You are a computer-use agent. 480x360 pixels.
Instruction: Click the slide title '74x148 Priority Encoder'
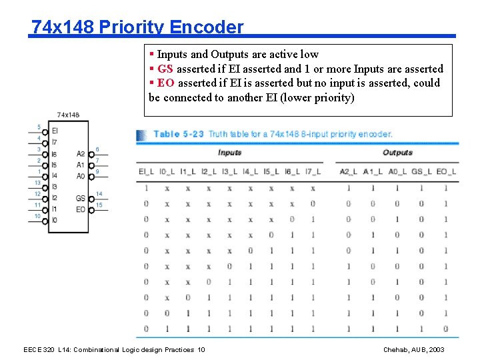click(137, 27)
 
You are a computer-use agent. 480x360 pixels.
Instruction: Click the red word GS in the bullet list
click(165, 69)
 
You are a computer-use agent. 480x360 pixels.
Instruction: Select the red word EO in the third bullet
click(166, 83)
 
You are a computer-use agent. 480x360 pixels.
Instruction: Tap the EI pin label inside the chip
click(55, 131)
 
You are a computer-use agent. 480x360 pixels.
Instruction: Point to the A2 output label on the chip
click(81, 154)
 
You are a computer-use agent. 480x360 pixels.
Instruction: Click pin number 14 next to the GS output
click(99, 193)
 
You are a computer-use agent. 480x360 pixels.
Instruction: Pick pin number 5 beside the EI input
click(39, 127)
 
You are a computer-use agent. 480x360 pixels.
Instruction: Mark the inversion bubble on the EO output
click(91, 209)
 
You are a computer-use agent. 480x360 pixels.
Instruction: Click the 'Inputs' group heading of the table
click(229, 153)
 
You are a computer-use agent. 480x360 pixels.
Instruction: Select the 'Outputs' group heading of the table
click(397, 153)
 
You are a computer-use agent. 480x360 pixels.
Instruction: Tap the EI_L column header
click(147, 171)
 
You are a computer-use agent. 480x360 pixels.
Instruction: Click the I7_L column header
click(312, 171)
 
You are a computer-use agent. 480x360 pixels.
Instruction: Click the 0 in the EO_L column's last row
click(445, 329)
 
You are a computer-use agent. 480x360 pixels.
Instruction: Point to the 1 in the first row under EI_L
click(147, 188)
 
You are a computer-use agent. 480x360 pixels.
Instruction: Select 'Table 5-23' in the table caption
click(179, 134)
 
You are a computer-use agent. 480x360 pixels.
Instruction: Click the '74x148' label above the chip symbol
click(68, 115)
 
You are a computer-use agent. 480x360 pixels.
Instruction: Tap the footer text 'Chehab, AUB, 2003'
click(413, 350)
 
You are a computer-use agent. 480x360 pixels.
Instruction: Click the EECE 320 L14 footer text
click(114, 350)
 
